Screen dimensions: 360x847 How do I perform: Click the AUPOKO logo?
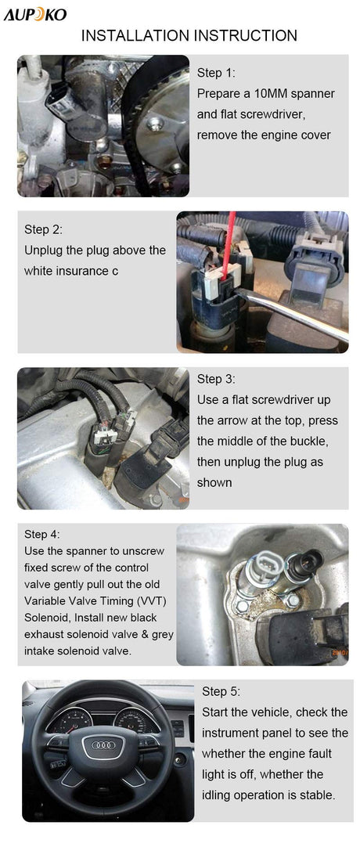(x=35, y=15)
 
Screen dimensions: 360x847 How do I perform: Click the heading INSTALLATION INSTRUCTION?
(x=189, y=36)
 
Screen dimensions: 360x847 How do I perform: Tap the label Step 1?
(x=216, y=73)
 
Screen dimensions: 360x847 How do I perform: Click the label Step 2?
(x=44, y=229)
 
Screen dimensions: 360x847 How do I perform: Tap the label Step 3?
(x=216, y=379)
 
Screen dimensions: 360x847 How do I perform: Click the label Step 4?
(x=42, y=534)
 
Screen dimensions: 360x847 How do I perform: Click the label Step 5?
(x=221, y=691)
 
